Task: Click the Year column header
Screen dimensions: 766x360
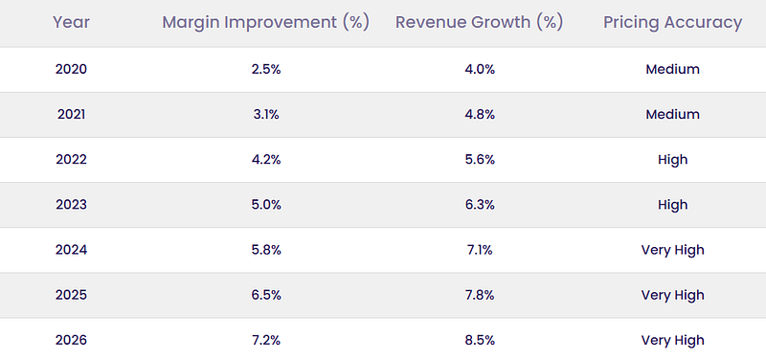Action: point(71,22)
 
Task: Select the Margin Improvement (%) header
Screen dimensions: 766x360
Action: point(266,22)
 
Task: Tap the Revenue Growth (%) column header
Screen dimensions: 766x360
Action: point(480,22)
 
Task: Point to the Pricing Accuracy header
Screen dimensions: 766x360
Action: point(673,23)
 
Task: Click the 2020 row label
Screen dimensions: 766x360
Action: point(71,69)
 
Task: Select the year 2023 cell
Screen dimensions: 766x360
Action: point(71,205)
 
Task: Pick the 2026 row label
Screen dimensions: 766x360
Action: point(71,340)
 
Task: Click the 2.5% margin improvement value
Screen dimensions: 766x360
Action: point(266,69)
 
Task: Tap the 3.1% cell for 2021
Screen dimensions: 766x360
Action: point(266,114)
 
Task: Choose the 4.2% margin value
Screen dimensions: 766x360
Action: point(266,160)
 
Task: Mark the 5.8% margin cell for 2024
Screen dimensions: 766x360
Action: point(266,250)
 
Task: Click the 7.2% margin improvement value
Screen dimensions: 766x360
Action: point(266,340)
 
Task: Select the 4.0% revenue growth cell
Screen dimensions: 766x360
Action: point(480,69)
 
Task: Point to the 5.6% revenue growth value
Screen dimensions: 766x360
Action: point(480,160)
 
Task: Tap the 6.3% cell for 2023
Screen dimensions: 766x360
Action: point(480,205)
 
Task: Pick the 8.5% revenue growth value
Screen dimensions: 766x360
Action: point(480,340)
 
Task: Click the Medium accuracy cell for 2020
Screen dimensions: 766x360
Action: point(673,69)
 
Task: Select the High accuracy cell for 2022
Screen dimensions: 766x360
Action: point(673,160)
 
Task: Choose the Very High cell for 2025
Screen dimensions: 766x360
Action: point(673,296)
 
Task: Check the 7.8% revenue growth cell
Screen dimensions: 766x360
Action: point(480,295)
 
